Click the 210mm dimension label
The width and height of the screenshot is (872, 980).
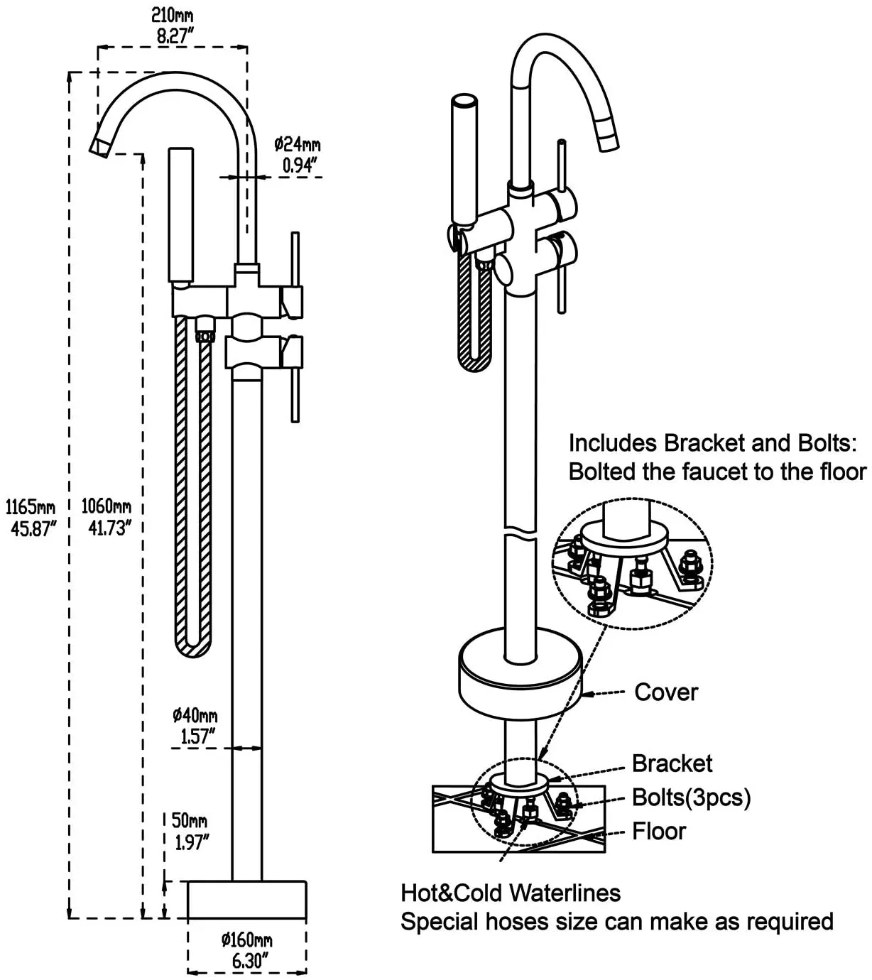[172, 16]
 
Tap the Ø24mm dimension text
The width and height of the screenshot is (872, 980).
[298, 144]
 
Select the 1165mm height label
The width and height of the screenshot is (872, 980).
[31, 508]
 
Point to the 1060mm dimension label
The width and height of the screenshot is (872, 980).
[106, 506]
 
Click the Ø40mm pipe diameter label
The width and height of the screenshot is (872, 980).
[195, 715]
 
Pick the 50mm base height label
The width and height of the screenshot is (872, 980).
[189, 821]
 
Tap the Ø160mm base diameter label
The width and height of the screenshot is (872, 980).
[246, 940]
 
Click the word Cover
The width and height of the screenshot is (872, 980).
[666, 692]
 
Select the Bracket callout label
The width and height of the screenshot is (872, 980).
[672, 763]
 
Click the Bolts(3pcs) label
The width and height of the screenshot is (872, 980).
[691, 797]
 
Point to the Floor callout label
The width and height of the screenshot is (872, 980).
[659, 832]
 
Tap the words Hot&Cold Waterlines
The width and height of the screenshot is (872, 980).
[511, 893]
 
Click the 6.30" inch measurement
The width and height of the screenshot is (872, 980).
[246, 962]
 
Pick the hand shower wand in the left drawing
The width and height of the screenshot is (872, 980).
[181, 214]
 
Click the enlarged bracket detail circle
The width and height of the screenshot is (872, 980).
[632, 564]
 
